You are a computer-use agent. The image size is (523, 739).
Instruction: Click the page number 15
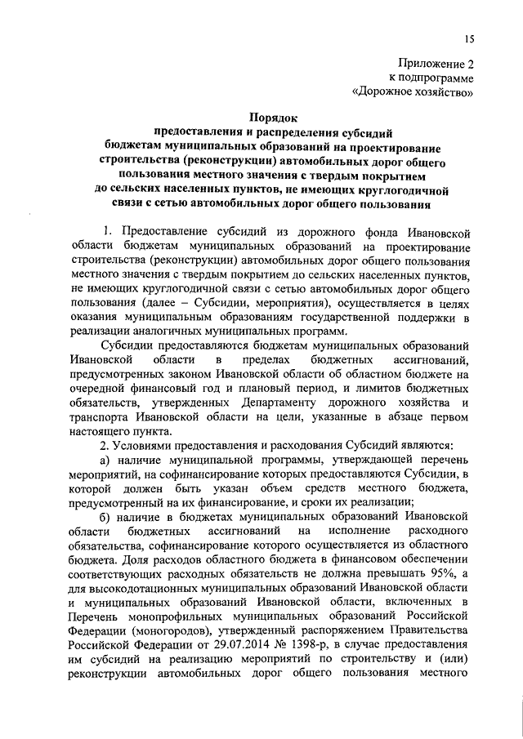469,38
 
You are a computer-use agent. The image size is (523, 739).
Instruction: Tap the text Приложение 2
436,63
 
